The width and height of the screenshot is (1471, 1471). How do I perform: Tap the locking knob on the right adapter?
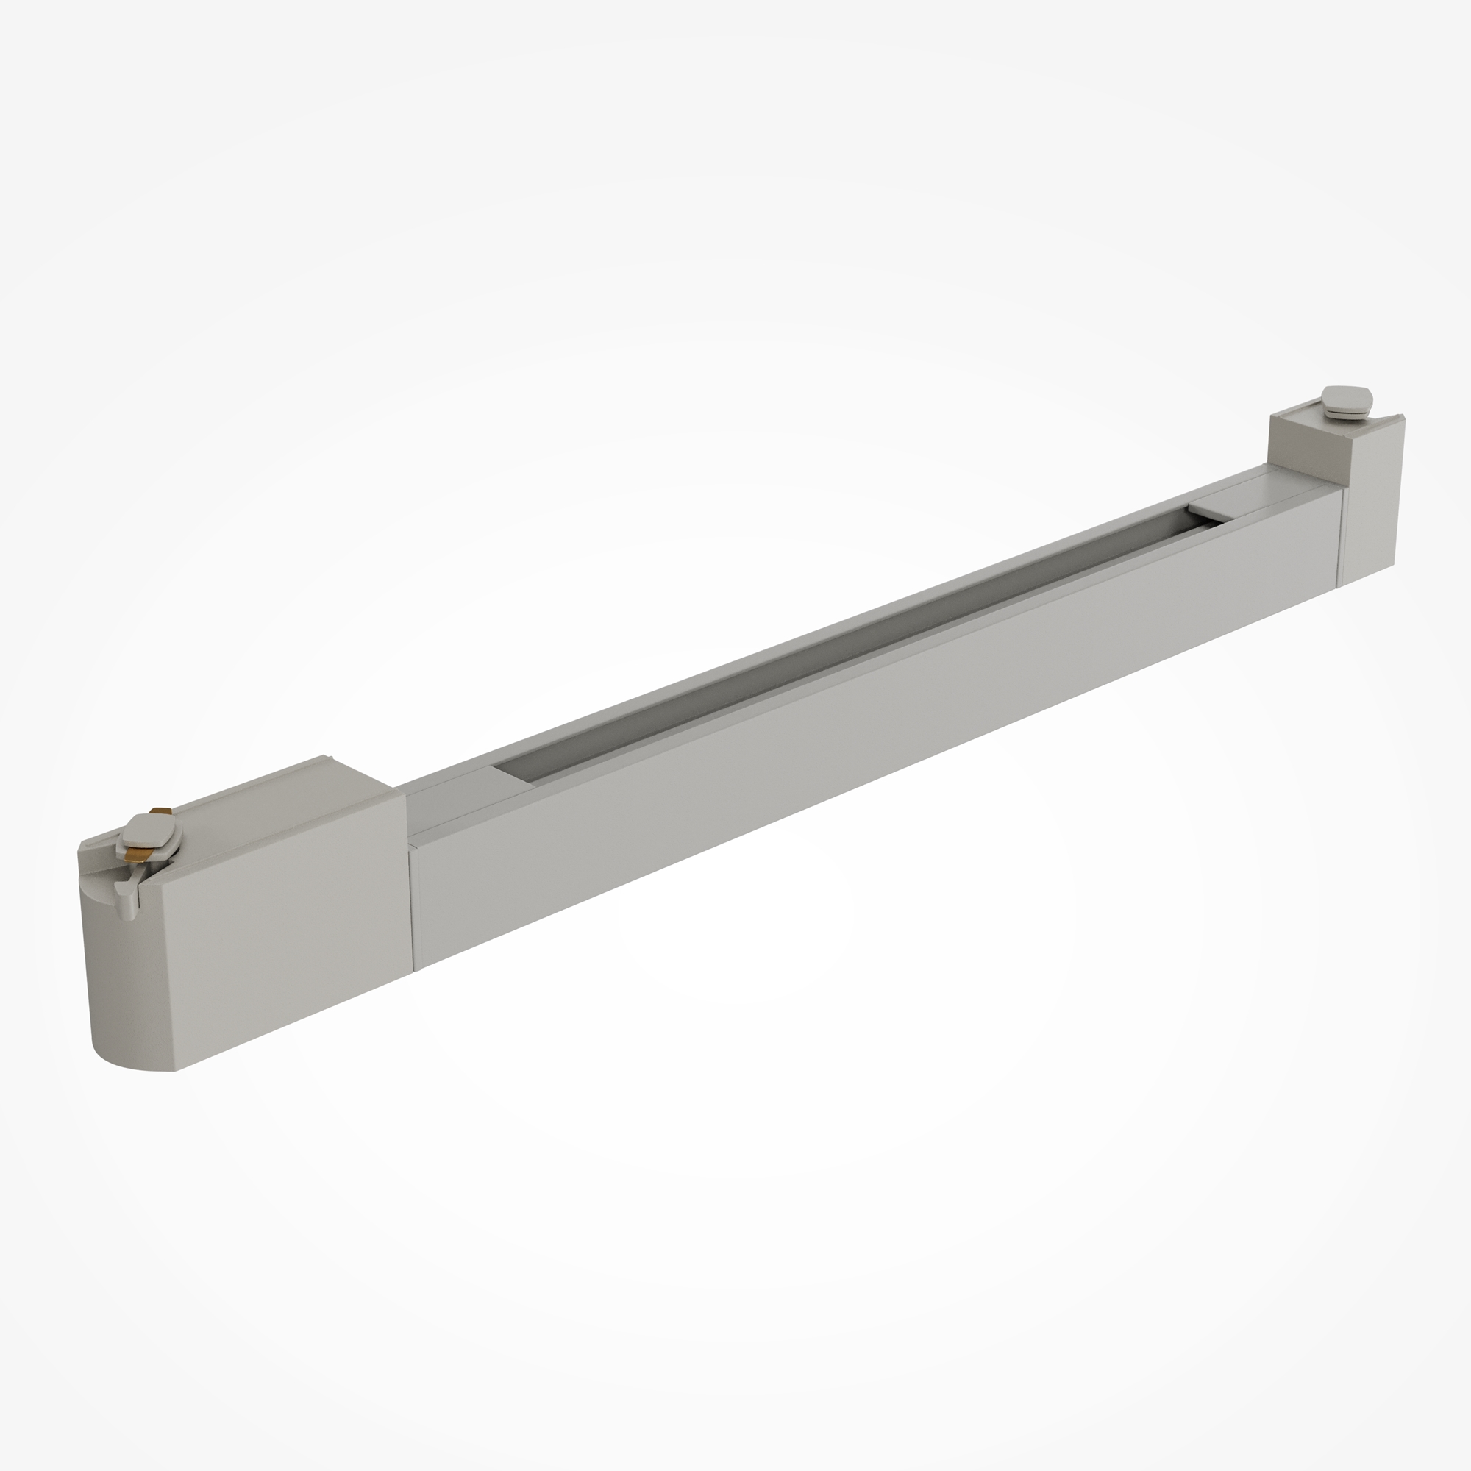tap(1347, 399)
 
